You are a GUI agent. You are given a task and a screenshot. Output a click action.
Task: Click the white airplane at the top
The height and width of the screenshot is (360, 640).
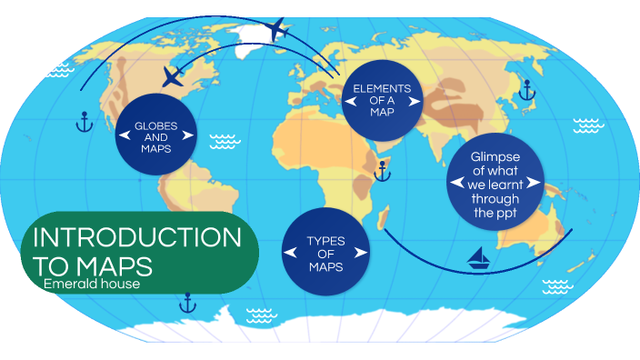(280, 29)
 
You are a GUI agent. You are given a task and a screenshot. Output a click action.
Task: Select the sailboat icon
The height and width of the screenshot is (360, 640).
(479, 259)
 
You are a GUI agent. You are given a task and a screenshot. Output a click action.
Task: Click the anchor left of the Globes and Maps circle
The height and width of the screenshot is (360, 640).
(84, 120)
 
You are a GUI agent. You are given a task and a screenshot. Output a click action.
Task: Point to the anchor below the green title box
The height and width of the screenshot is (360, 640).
(187, 302)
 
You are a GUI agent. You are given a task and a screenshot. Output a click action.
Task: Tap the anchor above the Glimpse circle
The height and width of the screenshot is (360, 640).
(525, 89)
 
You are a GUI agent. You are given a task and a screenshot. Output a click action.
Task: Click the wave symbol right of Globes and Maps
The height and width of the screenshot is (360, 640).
(224, 142)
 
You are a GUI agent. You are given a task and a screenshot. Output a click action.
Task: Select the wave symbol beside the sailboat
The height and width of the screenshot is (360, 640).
(555, 286)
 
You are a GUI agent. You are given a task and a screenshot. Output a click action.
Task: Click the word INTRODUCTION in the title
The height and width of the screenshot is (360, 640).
(136, 237)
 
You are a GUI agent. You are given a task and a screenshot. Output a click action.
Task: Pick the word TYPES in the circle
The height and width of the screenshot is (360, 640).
(325, 241)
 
